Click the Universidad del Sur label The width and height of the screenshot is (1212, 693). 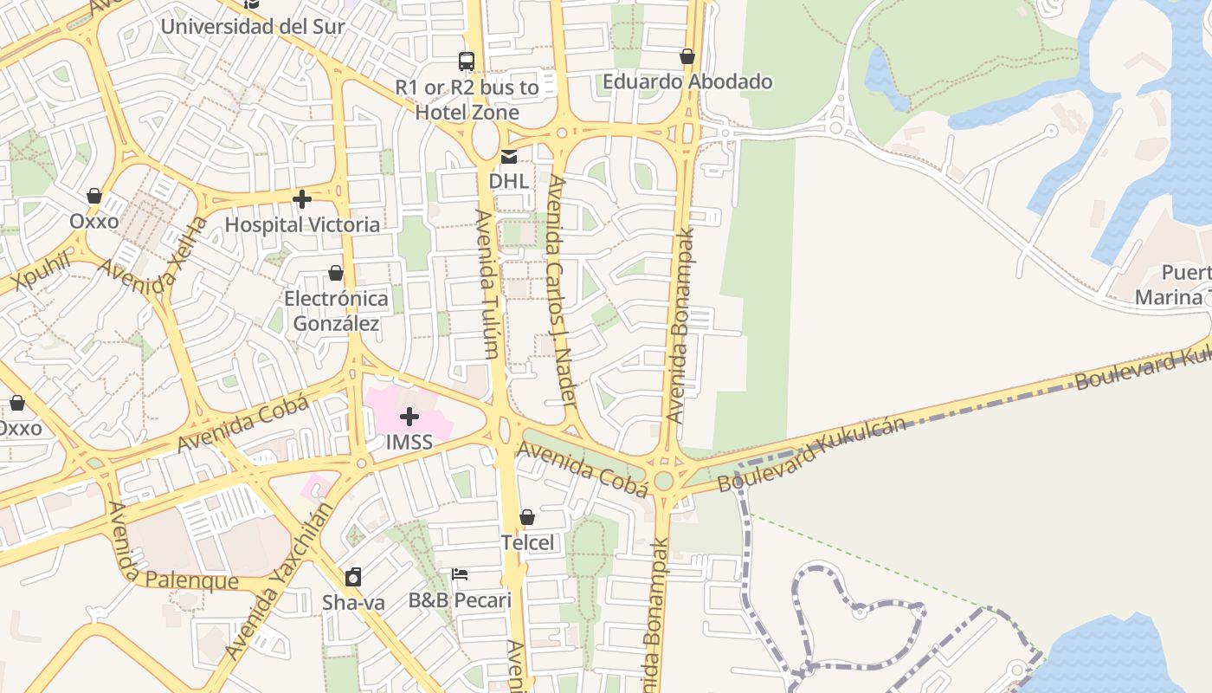(253, 26)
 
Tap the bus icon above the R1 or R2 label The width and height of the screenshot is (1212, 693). (467, 62)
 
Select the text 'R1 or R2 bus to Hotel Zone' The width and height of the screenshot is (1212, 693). (467, 100)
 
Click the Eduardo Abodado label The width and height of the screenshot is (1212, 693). (687, 81)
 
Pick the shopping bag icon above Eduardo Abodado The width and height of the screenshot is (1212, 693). (687, 57)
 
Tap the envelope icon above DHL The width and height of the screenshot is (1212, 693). (509, 157)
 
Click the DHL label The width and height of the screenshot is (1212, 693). (509, 181)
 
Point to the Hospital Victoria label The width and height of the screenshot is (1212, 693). (302, 224)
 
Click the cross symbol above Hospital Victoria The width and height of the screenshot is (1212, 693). (302, 200)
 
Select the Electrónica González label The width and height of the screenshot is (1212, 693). (336, 311)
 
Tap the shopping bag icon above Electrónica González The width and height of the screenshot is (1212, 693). (336, 274)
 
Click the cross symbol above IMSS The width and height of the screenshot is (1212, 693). (409, 418)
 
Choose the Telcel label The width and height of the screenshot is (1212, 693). (527, 542)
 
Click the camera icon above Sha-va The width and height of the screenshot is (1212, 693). (353, 578)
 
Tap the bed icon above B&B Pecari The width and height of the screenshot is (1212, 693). (460, 574)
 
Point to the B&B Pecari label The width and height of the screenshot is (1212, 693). (460, 599)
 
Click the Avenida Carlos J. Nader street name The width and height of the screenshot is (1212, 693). (562, 291)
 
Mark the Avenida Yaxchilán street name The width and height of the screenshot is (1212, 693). (277, 580)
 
